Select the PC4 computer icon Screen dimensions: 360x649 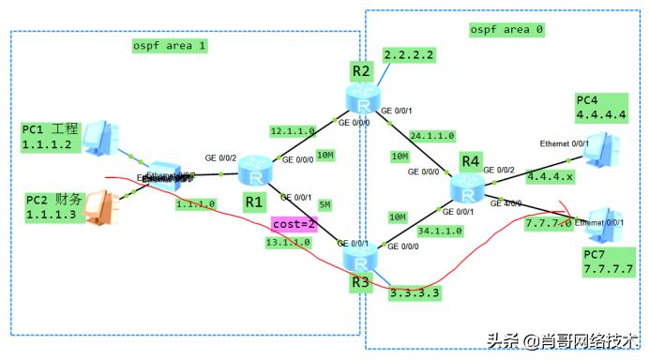[601, 147]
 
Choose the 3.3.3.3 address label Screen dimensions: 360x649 [415, 292]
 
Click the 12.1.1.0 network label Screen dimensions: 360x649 [293, 131]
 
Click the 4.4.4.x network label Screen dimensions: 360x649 [551, 175]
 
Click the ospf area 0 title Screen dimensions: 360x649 [506, 30]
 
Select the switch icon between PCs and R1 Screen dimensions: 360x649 [165, 175]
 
